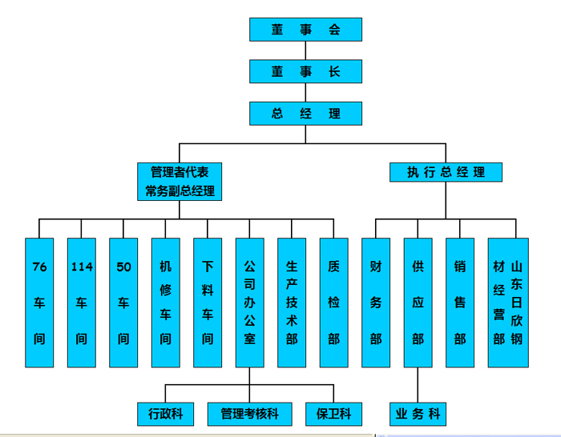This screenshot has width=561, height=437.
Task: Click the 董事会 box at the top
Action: pos(305,30)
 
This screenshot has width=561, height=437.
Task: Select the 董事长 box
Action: pos(305,71)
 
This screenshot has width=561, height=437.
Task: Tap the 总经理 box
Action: pos(305,114)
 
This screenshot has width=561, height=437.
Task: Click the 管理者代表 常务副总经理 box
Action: pos(180,182)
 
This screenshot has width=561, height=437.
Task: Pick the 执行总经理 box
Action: pos(446,172)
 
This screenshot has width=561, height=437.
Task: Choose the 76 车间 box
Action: pos(39,303)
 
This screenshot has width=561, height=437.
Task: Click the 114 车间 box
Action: pos(82,303)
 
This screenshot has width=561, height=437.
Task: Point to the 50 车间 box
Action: pos(123,303)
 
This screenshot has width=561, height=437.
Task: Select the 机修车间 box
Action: pos(165,303)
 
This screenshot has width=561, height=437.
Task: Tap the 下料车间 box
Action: pos(208,303)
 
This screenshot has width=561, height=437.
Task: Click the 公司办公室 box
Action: pos(249,303)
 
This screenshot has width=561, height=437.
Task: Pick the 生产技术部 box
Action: pos(292,303)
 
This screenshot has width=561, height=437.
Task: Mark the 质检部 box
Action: pos(333,303)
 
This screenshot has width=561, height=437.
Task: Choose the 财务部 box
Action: pos(376,303)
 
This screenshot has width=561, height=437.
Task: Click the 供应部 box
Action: pos(418,303)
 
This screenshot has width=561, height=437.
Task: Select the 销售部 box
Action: pos(460,303)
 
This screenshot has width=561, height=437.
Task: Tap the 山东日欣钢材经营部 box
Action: pos(508,303)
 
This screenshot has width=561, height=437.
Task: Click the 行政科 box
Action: pos(165,414)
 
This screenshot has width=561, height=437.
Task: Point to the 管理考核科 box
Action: pos(249,414)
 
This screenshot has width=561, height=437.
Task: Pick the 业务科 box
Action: pos(418,414)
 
